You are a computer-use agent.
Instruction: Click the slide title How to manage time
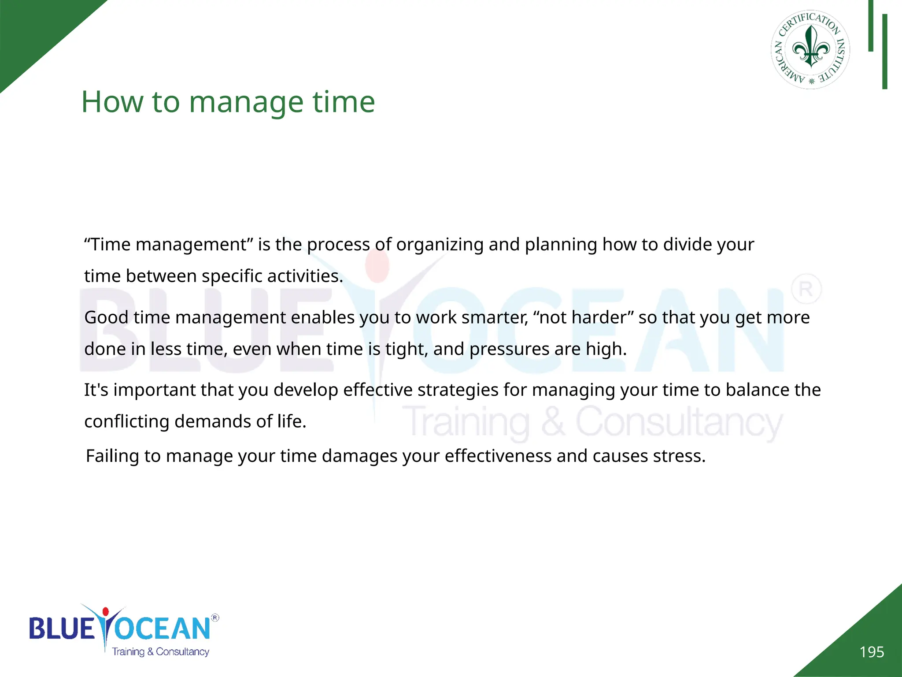coord(228,102)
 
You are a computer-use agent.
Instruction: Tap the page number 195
coord(872,652)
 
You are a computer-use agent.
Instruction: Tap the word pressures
coord(510,349)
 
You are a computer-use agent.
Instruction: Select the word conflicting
coord(127,422)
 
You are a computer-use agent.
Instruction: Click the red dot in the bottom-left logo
coord(105,612)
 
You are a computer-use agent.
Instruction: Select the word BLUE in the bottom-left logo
coord(62,629)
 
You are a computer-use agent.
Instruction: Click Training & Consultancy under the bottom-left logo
coord(160,652)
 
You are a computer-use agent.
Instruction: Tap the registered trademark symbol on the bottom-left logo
coord(215,617)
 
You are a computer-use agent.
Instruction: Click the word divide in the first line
coord(688,245)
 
